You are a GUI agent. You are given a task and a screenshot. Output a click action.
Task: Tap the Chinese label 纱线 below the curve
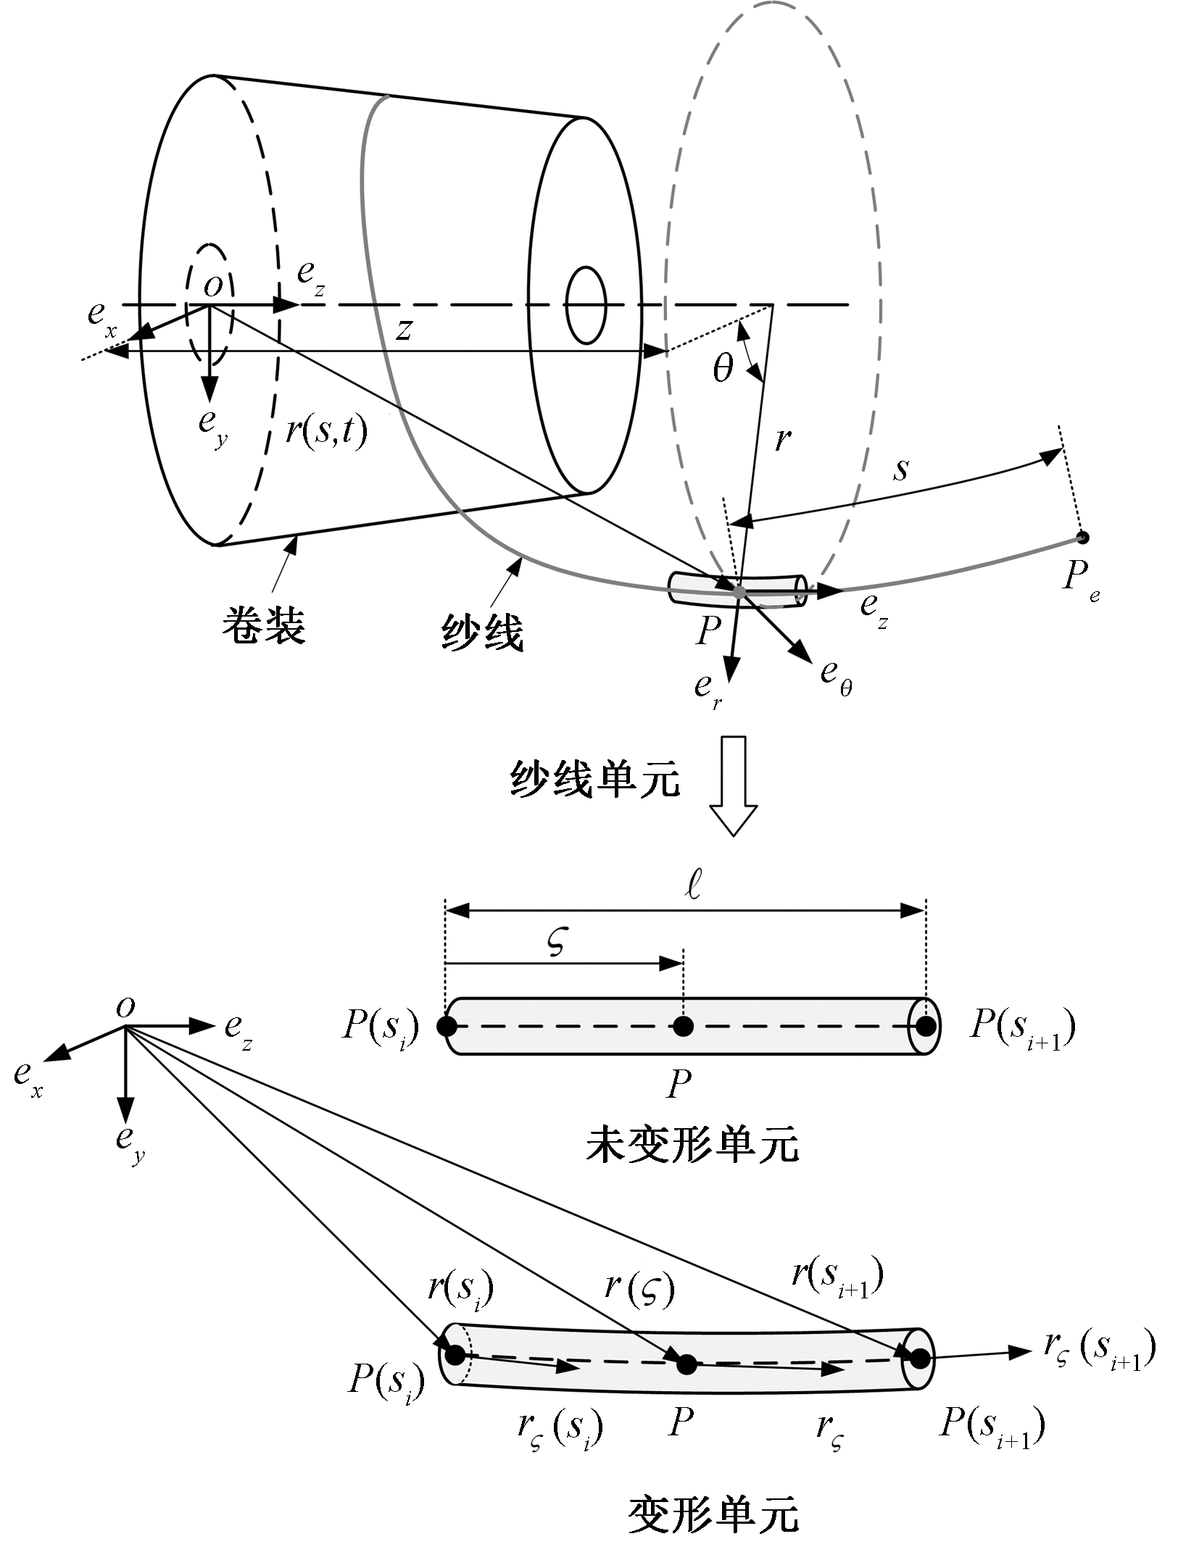482,633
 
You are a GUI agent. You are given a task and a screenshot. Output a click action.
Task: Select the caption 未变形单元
692,1145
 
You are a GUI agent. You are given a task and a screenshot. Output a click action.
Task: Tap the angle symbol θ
723,368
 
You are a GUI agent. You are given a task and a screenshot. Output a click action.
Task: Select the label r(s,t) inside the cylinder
326,431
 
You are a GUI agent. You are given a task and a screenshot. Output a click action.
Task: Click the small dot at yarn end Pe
1082,538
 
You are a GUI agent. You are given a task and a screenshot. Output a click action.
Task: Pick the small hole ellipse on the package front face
586,305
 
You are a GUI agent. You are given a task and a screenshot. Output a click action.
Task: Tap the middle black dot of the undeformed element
683,1026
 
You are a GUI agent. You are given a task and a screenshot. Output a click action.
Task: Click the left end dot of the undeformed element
447,1026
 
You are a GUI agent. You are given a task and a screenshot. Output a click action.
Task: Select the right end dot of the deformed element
919,1359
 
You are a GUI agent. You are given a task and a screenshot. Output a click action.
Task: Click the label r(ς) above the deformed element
639,1288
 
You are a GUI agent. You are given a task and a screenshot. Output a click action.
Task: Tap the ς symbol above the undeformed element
556,942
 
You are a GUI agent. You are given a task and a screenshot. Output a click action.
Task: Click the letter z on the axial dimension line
404,330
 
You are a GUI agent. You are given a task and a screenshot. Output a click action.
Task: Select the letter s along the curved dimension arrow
900,470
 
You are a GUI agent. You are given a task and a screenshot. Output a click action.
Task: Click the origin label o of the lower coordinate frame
125,1006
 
